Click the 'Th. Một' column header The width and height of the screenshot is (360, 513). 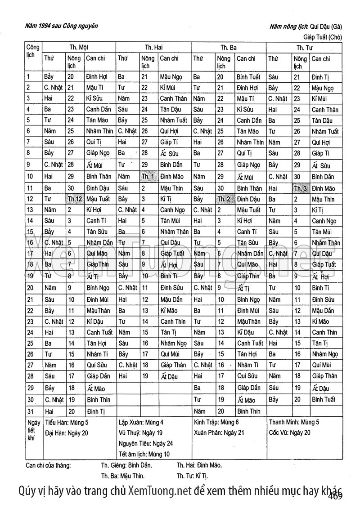[78, 47]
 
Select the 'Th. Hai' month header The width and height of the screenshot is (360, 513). [153, 47]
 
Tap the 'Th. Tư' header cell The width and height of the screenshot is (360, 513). [304, 47]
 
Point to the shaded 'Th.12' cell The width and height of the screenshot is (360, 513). [75, 199]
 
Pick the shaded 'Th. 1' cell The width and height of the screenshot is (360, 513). [148, 177]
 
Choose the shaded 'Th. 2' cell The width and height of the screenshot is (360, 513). [224, 199]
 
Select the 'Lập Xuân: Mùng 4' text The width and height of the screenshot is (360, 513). [140, 422]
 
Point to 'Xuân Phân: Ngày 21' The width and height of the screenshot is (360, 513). [219, 433]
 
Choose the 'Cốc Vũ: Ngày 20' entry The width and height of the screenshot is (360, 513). [289, 433]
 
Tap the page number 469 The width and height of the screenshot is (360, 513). [335, 496]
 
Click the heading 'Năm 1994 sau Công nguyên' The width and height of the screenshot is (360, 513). [62, 26]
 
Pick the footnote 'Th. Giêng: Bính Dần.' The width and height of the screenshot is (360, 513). [126, 465]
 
